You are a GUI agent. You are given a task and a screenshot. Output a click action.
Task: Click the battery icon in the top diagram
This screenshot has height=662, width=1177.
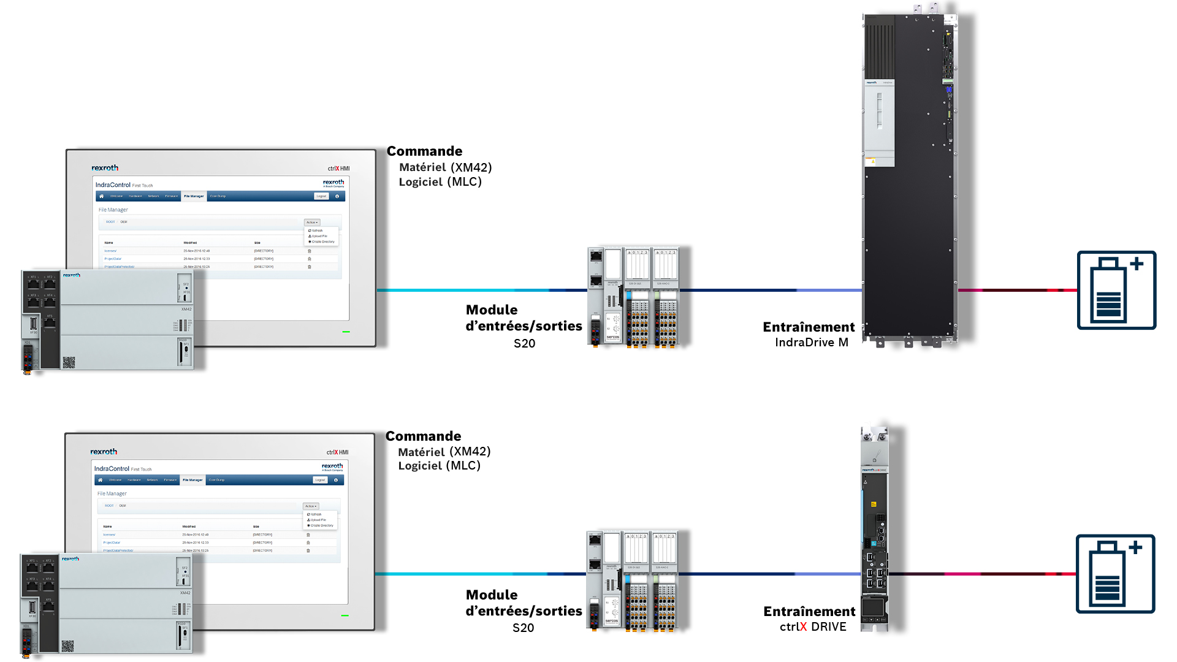(1116, 290)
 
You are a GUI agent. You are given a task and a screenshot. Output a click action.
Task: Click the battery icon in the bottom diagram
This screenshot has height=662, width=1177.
(1115, 574)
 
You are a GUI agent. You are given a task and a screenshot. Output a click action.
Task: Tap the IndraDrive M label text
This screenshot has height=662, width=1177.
(811, 343)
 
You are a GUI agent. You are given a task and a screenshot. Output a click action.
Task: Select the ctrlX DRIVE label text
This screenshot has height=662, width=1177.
(813, 627)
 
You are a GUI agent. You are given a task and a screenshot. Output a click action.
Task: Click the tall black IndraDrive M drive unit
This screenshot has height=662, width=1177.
(909, 178)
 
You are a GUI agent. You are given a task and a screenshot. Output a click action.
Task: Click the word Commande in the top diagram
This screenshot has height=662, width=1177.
(424, 151)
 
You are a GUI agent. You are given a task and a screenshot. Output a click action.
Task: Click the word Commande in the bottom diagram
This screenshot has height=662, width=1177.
(423, 436)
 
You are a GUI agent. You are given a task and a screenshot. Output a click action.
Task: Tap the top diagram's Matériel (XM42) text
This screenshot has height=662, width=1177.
(445, 167)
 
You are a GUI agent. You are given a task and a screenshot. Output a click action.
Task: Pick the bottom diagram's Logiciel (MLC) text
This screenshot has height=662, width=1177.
(439, 466)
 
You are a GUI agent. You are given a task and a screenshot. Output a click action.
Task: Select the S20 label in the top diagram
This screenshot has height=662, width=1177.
(524, 344)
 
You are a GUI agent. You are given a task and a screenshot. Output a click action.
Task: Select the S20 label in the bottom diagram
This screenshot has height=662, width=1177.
(523, 628)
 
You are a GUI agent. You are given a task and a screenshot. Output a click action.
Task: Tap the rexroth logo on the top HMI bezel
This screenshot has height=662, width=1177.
(105, 168)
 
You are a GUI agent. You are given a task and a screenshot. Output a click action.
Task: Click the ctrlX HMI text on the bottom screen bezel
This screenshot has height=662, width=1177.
(337, 452)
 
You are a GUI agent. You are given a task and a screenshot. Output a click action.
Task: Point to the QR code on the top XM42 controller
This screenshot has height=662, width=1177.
(69, 363)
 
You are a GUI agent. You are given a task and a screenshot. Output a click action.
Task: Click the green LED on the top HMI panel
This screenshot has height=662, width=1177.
(346, 332)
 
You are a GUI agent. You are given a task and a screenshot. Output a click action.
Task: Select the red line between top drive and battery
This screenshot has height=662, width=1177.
(1017, 290)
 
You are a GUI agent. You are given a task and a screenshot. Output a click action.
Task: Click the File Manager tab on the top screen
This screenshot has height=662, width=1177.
(194, 196)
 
